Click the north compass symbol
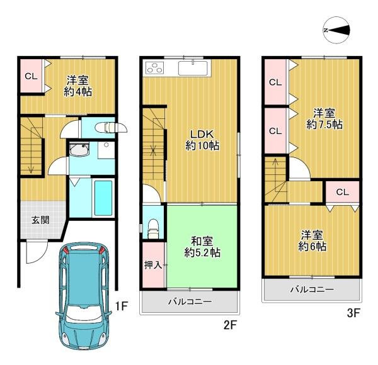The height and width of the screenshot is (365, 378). coord(336,30)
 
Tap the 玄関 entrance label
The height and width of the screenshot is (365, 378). coord(41,220)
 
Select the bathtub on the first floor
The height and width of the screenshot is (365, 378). coord(103,198)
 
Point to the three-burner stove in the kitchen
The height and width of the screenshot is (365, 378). coord(154,67)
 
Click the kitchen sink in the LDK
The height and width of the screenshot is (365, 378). coord(193,68)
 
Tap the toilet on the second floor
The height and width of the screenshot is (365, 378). coord(153,228)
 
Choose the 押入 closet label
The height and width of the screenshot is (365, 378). coord(153,265)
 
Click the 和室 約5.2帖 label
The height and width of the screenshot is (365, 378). coord(202,247)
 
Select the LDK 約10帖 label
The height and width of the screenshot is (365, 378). coord(202,140)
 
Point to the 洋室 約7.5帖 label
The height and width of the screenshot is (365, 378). coord(324,119)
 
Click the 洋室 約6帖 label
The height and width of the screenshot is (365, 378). coord(312,240)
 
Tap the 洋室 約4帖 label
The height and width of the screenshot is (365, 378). coord(77,86)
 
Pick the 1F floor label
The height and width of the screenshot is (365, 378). coord(121,306)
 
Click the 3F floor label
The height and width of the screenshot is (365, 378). coord(353,313)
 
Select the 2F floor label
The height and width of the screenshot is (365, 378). coord(231,325)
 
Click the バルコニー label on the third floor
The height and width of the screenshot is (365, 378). coord(312,289)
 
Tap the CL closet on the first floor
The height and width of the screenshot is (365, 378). coord(31,76)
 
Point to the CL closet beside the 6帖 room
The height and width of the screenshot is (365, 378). coord(342,192)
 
